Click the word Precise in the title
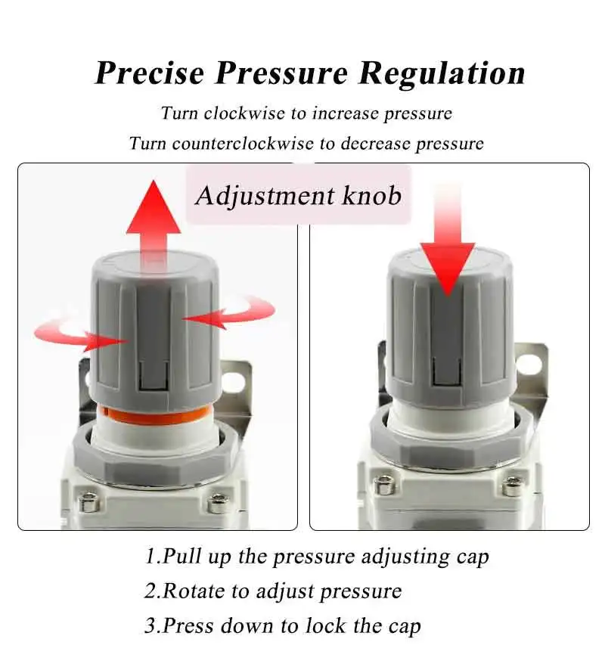point(149,73)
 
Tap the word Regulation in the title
point(442,74)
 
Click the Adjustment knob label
point(298,196)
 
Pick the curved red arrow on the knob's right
point(238,312)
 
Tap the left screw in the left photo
point(89,503)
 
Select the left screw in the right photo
point(385,485)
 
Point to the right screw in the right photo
point(513,486)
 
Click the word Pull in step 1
point(182,557)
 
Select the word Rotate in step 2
point(194,591)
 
